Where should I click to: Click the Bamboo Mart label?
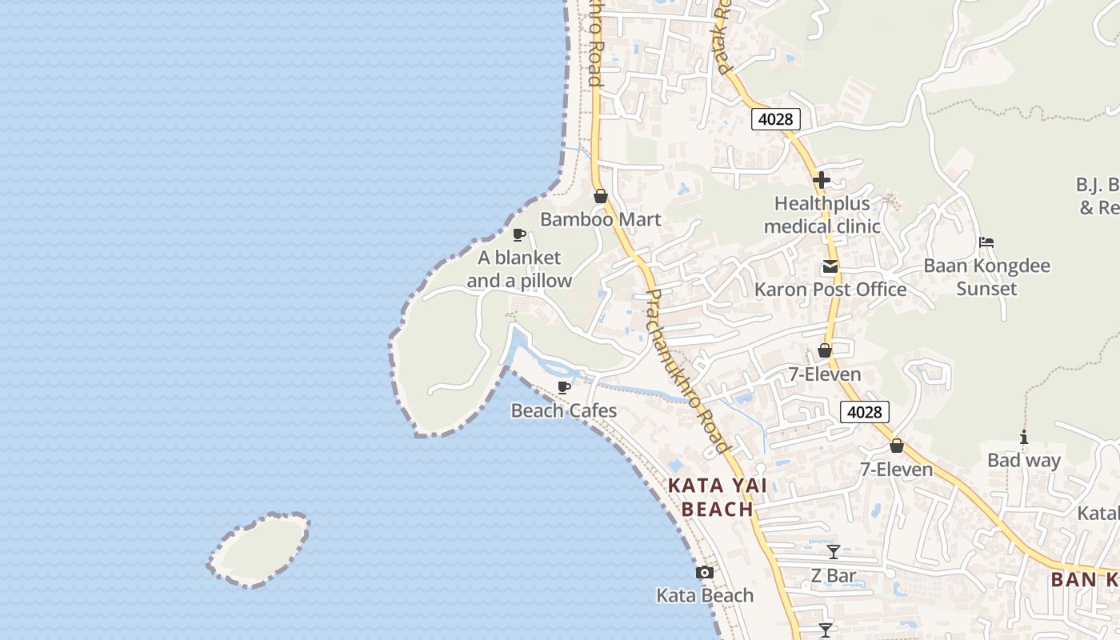(600, 219)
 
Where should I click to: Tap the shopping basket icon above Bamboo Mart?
(600, 196)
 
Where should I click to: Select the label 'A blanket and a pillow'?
(519, 270)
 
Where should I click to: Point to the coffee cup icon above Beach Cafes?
(564, 387)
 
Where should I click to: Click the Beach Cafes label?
(564, 411)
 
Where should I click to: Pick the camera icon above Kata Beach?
(705, 572)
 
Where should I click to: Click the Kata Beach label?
(705, 595)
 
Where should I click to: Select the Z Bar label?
(834, 575)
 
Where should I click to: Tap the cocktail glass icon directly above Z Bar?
(834, 552)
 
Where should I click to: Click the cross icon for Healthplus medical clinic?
(822, 180)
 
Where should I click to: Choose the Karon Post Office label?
(830, 290)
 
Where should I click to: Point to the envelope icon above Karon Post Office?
(830, 266)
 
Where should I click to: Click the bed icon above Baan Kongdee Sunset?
(986, 242)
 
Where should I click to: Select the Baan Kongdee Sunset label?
(986, 277)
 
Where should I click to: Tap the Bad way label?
(1023, 460)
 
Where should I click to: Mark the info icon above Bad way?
(1023, 437)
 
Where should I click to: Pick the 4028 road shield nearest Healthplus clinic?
(775, 119)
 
